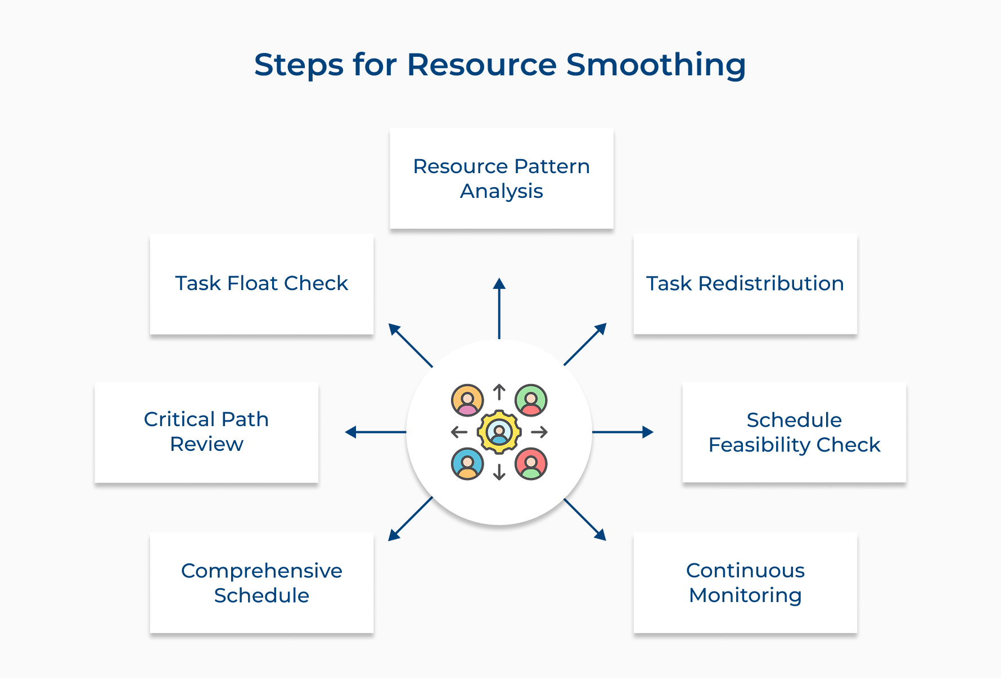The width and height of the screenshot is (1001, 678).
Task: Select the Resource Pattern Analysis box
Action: (501, 179)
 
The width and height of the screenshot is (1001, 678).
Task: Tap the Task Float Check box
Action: (261, 284)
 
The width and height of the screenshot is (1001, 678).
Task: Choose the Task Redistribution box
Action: (745, 284)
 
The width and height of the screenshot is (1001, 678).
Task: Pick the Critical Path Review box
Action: (206, 432)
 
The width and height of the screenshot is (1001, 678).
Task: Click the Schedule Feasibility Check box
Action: (793, 432)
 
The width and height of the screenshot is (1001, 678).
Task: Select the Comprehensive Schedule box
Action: (261, 582)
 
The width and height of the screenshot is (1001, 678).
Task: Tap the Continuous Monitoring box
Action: (745, 582)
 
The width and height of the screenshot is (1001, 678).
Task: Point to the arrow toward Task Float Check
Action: (410, 345)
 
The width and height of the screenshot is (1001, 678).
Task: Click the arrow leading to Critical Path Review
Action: (375, 432)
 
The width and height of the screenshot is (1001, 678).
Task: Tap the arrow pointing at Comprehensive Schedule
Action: (411, 519)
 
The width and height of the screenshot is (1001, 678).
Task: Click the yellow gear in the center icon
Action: (499, 432)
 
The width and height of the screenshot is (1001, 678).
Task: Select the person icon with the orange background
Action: (467, 400)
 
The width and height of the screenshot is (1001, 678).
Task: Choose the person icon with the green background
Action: (531, 400)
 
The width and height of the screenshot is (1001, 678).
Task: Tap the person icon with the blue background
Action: (467, 464)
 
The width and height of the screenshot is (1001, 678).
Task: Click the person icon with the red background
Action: (531, 464)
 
